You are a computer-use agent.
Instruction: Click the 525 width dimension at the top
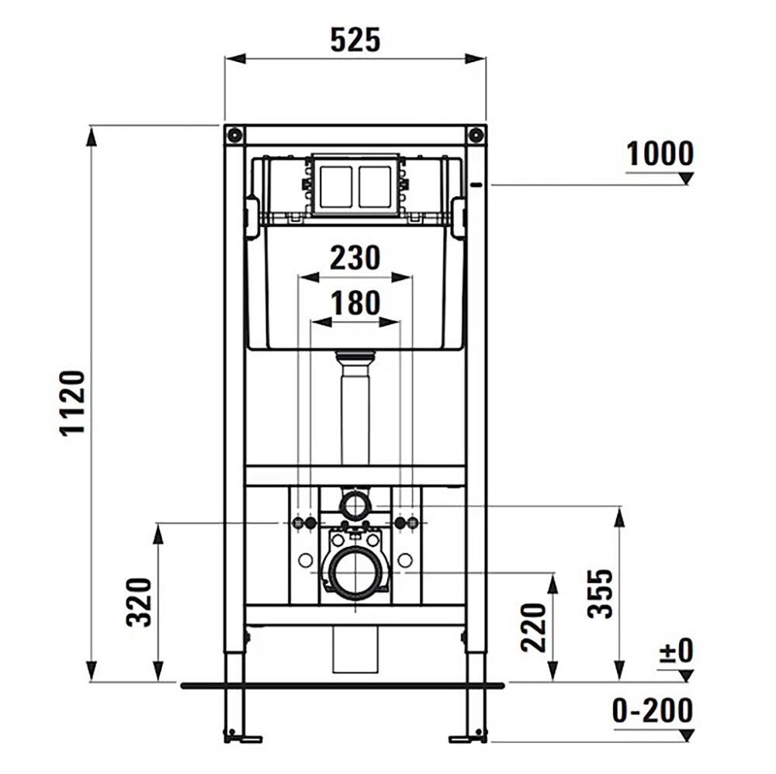(355, 40)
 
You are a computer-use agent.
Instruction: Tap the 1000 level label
(660, 154)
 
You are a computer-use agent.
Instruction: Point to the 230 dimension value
(355, 257)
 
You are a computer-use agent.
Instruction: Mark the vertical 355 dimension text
(599, 593)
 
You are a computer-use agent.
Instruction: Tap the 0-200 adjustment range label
(652, 710)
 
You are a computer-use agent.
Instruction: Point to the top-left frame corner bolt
(234, 134)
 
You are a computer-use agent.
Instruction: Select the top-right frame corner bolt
(475, 134)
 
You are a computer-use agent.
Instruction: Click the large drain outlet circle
(355, 574)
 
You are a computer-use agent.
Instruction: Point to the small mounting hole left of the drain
(305, 560)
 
